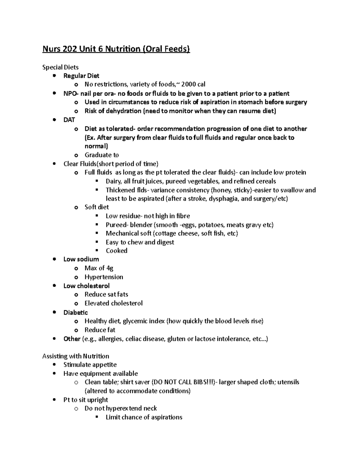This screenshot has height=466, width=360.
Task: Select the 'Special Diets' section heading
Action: pos(60,67)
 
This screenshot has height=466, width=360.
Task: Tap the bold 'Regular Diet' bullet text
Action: pos(81,76)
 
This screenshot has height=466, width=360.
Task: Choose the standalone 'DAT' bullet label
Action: pos(69,120)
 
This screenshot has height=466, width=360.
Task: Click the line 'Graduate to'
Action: pos(102,155)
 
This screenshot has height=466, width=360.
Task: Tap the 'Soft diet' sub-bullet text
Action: pos(97,207)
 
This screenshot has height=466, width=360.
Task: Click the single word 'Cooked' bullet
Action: pos(116,251)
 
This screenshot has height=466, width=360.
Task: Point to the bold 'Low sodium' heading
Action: pos(81,259)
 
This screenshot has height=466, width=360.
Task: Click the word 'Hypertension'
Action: pos(104,277)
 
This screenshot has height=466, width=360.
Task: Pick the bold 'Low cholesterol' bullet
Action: pos(86,286)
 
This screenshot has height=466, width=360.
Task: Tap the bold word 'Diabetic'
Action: pos(76,312)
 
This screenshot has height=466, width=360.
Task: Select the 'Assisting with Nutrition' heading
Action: pos(76,356)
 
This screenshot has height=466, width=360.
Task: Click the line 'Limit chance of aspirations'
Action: pos(144,417)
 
